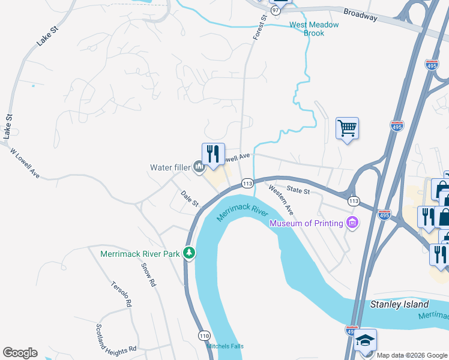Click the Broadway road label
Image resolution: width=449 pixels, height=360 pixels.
click(360, 14)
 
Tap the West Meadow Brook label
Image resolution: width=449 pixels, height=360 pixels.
click(314, 29)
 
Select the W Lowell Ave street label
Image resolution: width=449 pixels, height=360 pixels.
click(25, 163)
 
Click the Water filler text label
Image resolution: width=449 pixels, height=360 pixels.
click(170, 167)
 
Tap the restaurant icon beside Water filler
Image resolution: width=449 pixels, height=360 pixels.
click(213, 154)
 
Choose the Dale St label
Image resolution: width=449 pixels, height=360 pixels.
click(190, 199)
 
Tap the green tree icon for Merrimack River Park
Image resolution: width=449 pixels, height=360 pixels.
click(189, 253)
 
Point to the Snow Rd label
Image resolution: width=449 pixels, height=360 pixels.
click(148, 274)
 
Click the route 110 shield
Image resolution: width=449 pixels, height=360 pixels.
click(204, 334)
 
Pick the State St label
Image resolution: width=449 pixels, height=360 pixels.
click(298, 191)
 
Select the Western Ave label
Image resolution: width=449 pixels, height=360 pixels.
click(281, 200)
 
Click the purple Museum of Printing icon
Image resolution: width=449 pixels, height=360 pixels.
click(353, 223)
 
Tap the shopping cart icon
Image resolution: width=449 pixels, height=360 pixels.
click(347, 128)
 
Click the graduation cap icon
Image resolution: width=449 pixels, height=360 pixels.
click(365, 340)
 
